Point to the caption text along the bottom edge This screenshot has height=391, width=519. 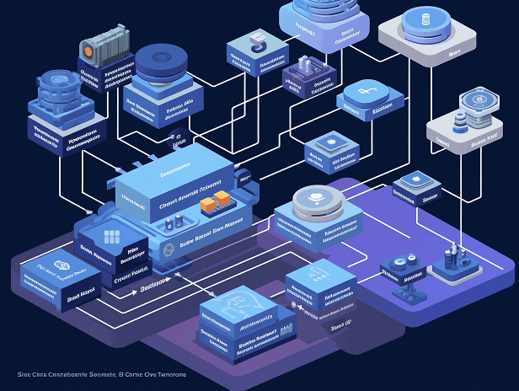click(102, 373)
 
